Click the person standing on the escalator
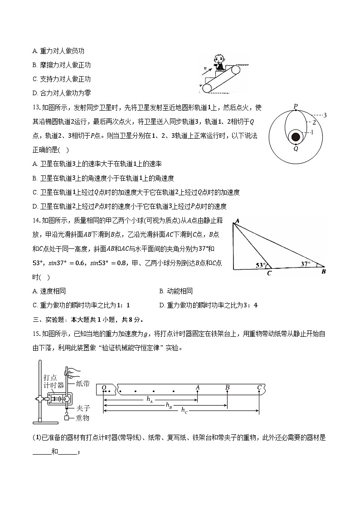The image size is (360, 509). click(x=219, y=63)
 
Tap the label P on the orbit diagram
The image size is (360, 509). click(x=295, y=107)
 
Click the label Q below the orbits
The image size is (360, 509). click(x=296, y=148)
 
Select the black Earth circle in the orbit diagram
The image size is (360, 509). click(x=296, y=137)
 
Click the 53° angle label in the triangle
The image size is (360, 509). click(x=259, y=266)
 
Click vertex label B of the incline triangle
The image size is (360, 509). click(x=324, y=272)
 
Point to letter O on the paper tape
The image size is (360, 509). click(x=104, y=388)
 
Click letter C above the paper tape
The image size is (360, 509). click(x=259, y=387)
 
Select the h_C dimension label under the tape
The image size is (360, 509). click(x=184, y=410)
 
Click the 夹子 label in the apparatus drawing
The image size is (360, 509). click(x=83, y=408)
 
